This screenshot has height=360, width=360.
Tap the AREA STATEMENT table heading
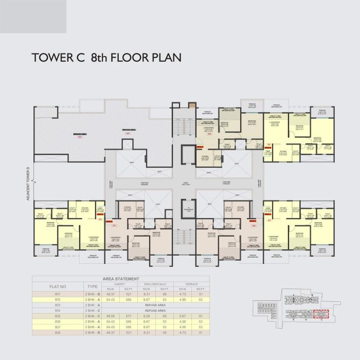click(x=121, y=278)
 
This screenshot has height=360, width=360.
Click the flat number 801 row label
click(x=58, y=293)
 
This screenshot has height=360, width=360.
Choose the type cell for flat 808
click(x=93, y=333)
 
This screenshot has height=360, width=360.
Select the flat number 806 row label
click(x=58, y=321)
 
